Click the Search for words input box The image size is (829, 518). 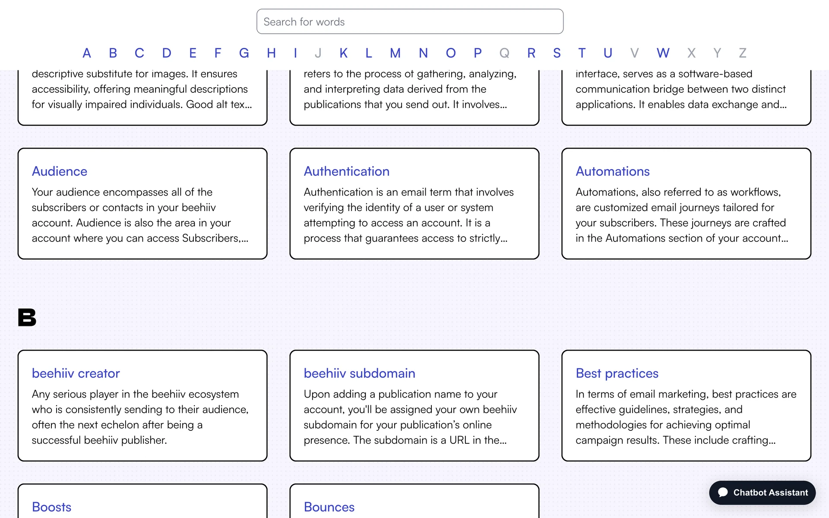tap(409, 22)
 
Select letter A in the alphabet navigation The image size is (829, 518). tap(87, 53)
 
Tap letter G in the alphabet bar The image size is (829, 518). tap(244, 53)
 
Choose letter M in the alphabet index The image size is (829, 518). tap(395, 53)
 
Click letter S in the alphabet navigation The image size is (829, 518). tap(557, 53)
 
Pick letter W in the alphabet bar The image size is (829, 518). tap(663, 53)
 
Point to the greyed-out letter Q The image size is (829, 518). tap(504, 53)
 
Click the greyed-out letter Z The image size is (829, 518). tap(743, 53)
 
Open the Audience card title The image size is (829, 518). tap(60, 171)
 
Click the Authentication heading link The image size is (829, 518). tap(346, 171)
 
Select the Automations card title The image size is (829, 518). tap(612, 171)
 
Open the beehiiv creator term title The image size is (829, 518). tap(76, 373)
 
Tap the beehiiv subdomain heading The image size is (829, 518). tap(359, 373)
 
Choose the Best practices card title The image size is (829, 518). tap(617, 373)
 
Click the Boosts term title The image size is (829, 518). tap(51, 507)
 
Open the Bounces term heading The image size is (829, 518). tap(329, 507)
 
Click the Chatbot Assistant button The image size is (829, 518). tap(762, 493)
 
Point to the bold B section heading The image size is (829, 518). tap(27, 318)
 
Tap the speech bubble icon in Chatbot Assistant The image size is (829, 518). tap(723, 493)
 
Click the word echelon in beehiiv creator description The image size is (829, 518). tap(120, 425)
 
